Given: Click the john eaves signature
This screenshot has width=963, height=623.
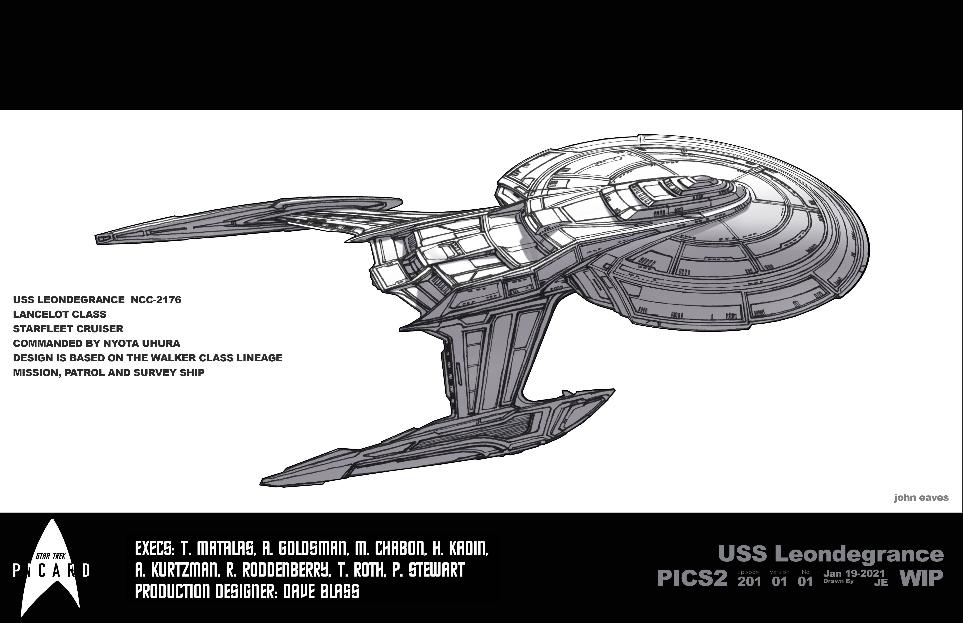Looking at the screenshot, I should [x=921, y=498].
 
